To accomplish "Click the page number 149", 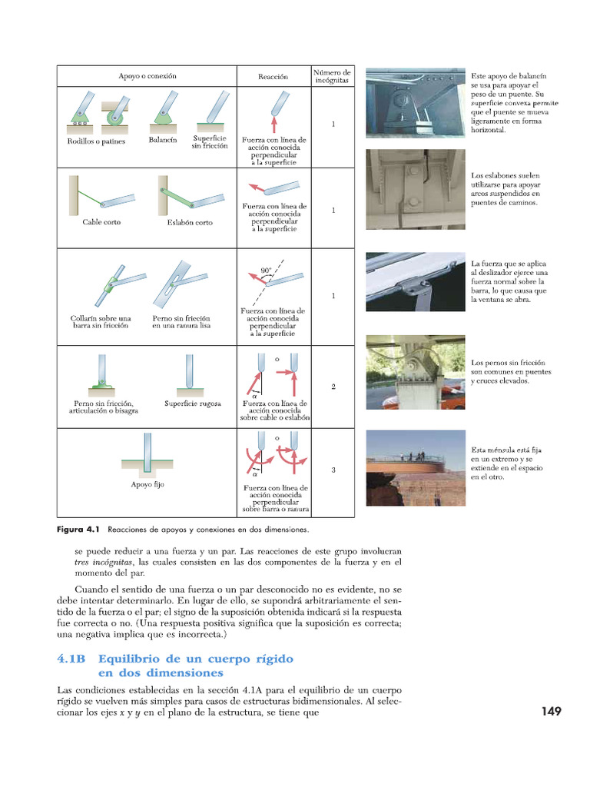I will coord(551,712).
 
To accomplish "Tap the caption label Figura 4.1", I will coord(80,530).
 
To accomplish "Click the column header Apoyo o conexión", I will coord(147,77).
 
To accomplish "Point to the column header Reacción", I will coord(273,77).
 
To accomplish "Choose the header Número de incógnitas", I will coord(332,76).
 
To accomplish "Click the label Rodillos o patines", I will coord(96,141).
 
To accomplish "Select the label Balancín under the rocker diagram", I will coord(162,141).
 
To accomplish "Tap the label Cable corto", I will coord(101,222).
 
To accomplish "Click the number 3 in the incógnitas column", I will coord(333,470).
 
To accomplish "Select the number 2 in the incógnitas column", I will coord(333,387).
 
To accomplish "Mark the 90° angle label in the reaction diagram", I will coord(266,271).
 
